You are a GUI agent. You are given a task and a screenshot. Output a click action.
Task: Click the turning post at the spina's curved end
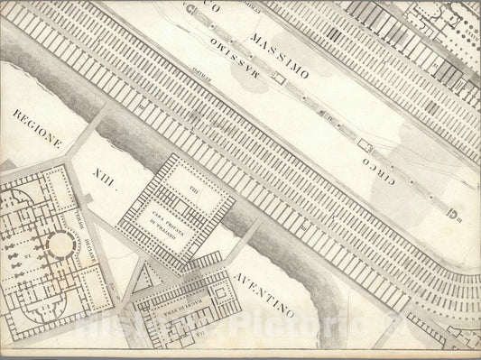456,213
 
